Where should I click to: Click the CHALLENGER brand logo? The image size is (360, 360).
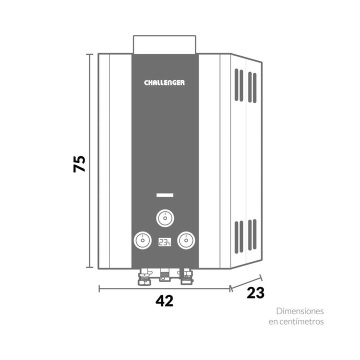tap(164, 82)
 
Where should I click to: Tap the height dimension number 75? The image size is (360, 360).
tap(79, 164)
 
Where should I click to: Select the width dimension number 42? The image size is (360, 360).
tap(164, 301)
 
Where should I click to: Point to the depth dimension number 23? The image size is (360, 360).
tap(255, 292)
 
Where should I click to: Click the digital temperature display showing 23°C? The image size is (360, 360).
tap(164, 242)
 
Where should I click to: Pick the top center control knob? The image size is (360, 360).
tap(165, 218)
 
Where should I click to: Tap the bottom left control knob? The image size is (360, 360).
tap(142, 240)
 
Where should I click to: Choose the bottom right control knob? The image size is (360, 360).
tap(186, 240)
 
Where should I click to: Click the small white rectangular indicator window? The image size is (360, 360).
tap(165, 195)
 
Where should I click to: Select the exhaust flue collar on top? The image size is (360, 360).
tap(164, 44)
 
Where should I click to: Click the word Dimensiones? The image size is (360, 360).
tap(300, 311)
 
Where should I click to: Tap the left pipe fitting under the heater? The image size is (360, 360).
tap(144, 277)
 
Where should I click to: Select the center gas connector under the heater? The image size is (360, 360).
tap(164, 275)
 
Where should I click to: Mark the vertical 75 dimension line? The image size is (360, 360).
tap(89, 160)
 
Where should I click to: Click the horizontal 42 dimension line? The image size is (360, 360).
tap(164, 288)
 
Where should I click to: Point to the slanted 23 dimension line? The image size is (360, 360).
tap(246, 283)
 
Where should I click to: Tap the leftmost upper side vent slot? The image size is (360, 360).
tap(236, 84)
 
